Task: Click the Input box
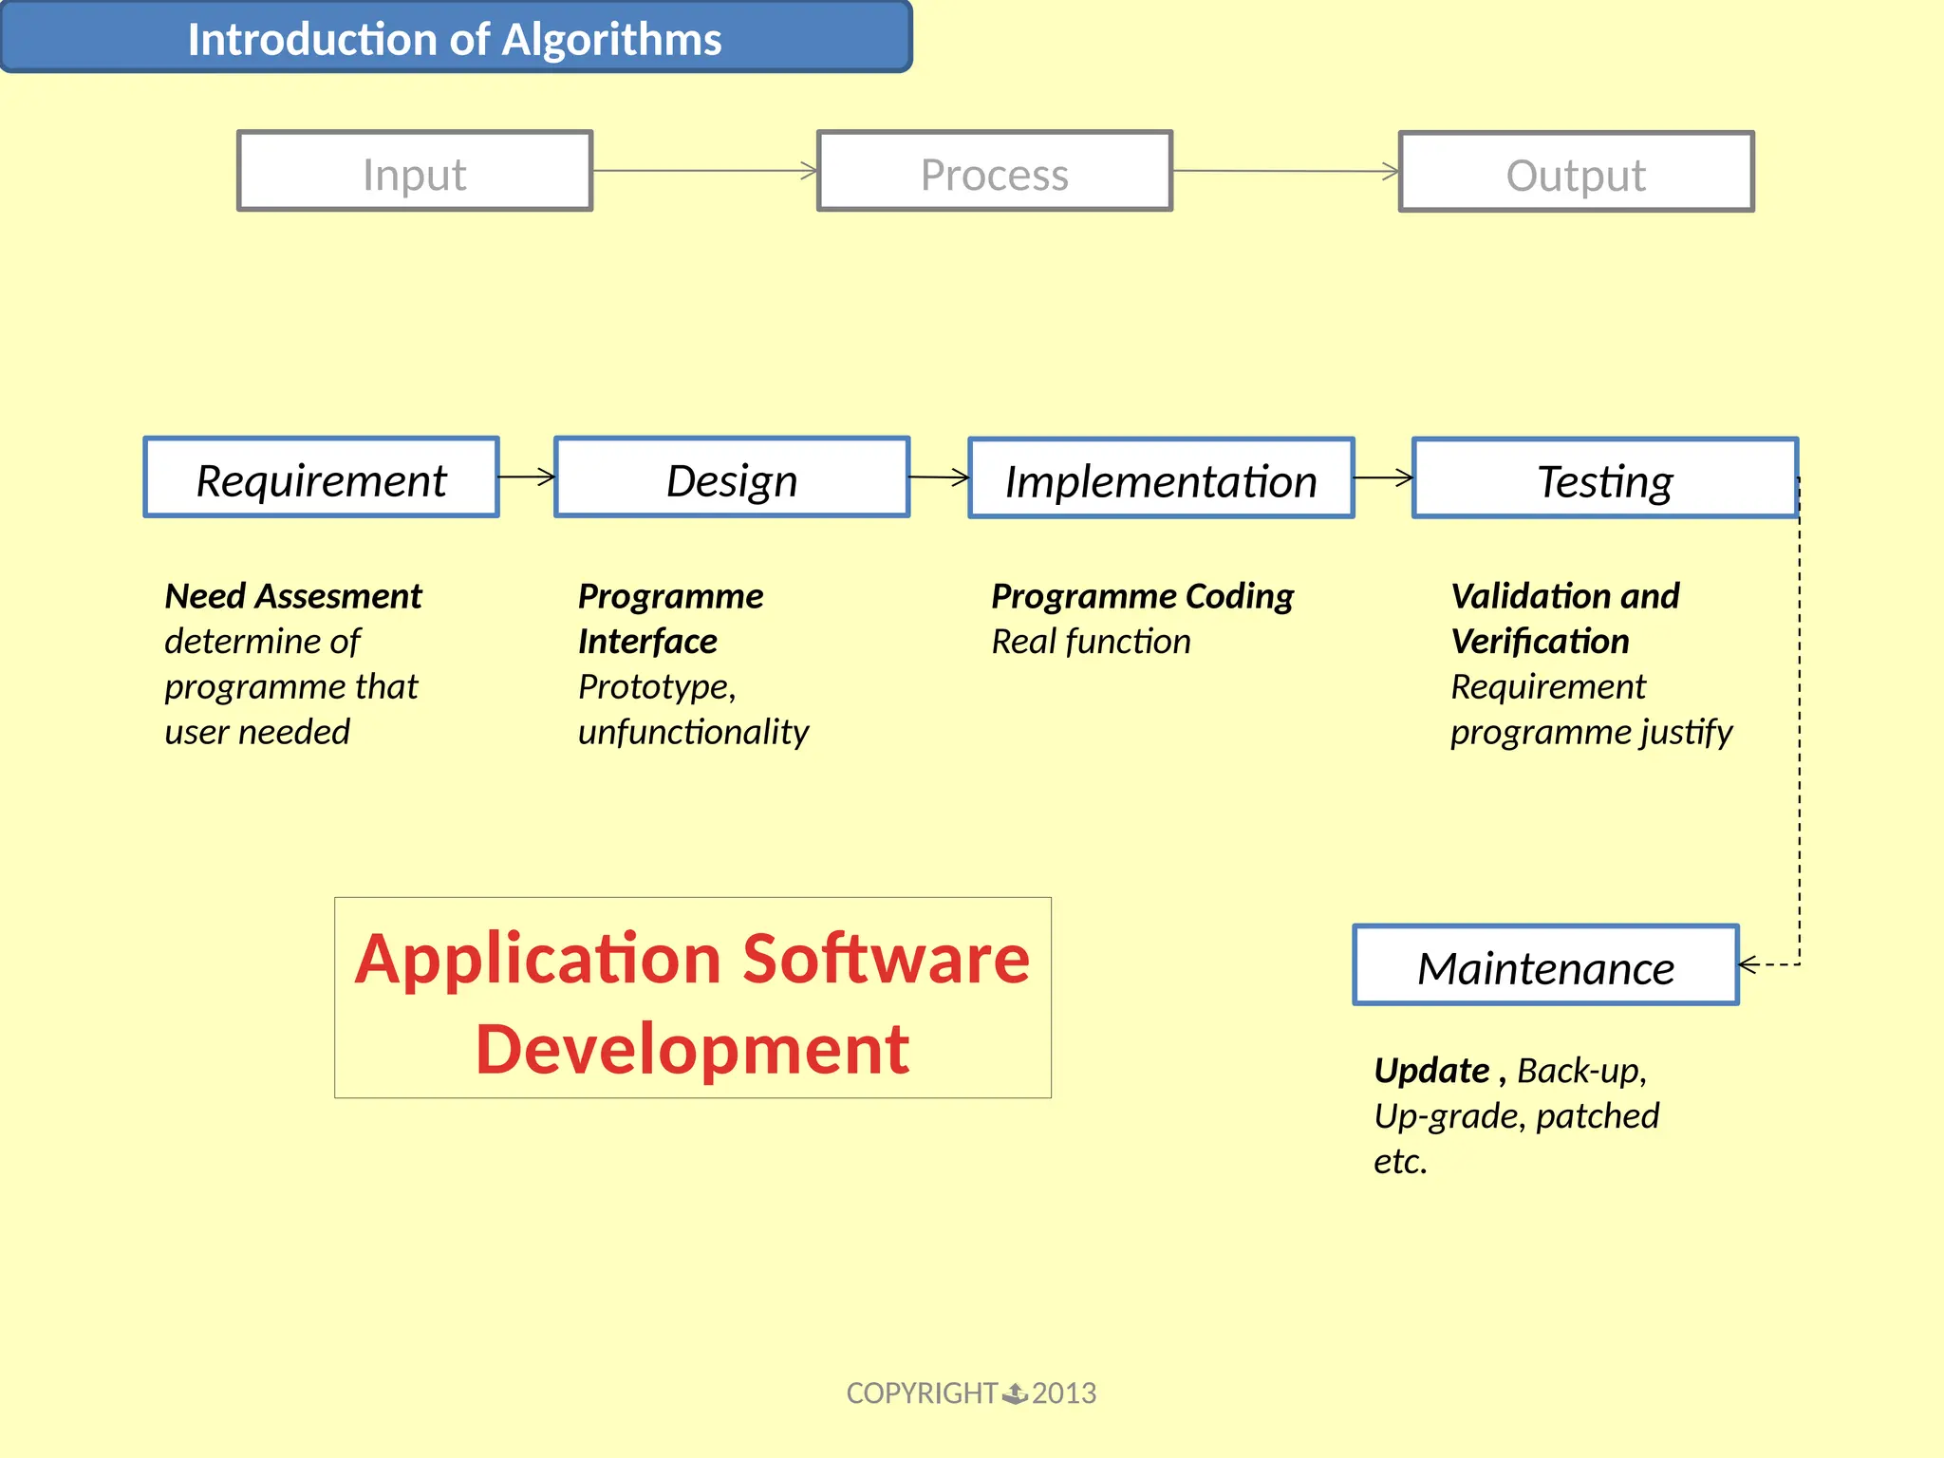coord(415,172)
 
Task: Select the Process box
coord(995,172)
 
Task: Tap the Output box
coord(1576,173)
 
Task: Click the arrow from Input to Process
coord(704,171)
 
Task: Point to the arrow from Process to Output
coord(1285,172)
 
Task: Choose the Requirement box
coord(321,478)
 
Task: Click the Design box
coord(732,478)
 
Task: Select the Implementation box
coord(1161,479)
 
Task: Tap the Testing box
coord(1604,479)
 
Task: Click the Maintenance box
coord(1545,966)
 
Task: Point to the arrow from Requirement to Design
coord(527,477)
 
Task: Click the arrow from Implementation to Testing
coord(1383,478)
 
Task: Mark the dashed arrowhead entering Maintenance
coord(1748,964)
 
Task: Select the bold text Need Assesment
coord(293,596)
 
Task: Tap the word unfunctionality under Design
coord(693,732)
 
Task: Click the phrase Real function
coord(1091,642)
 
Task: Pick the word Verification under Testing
coord(1540,642)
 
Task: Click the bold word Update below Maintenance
coord(1431,1071)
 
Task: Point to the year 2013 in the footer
coord(1063,1393)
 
